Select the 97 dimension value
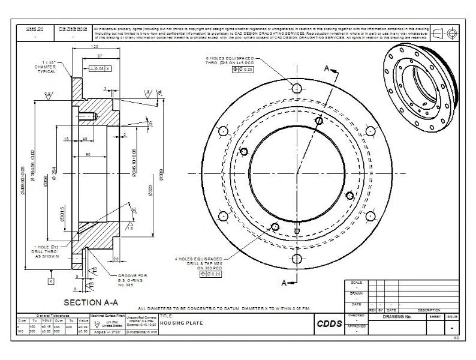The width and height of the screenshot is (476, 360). pos(100,56)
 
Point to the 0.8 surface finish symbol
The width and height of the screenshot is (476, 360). pos(47,94)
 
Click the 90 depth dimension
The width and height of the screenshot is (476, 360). pos(88,154)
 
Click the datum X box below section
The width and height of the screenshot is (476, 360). pos(51,280)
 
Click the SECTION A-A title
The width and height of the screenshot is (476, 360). pos(90,302)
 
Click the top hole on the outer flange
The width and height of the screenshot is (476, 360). pos(296,88)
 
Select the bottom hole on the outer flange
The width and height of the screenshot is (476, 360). pos(296,259)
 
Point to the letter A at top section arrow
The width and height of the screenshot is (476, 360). pos(327,68)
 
